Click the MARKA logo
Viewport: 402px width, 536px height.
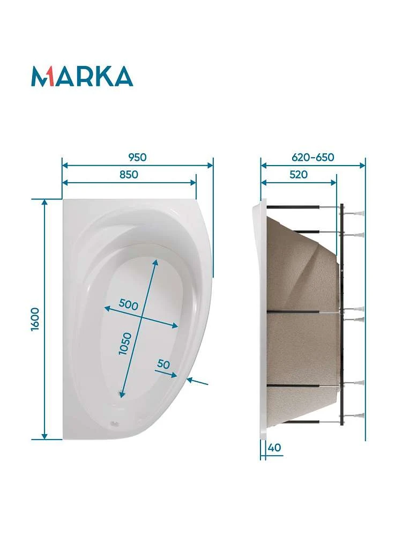point(82,76)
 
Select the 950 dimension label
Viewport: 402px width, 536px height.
point(137,157)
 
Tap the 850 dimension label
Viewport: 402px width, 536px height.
point(129,175)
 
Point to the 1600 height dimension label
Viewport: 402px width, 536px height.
point(35,319)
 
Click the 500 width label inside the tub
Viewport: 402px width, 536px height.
point(129,304)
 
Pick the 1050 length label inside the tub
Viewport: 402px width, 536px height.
point(125,344)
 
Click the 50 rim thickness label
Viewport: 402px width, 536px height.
point(163,364)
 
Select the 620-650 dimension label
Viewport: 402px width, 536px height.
point(313,157)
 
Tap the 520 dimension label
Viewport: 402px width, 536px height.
point(299,175)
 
